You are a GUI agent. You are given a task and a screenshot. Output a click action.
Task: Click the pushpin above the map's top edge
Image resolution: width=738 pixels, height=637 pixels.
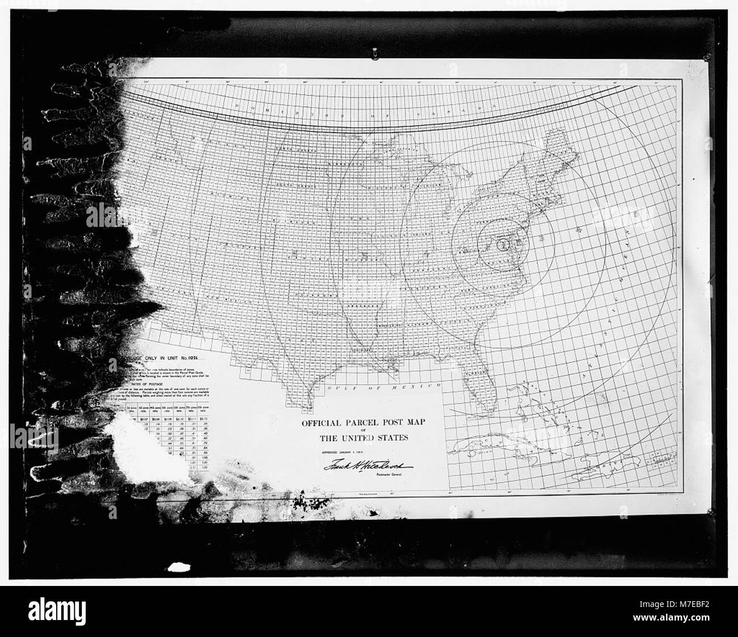tap(375, 54)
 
